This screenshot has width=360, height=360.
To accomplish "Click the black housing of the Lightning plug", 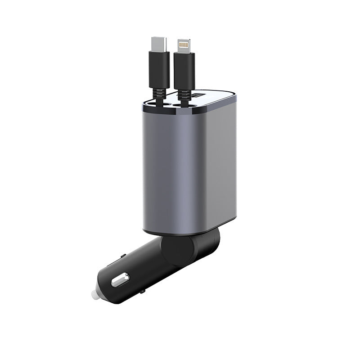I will tap(184, 70).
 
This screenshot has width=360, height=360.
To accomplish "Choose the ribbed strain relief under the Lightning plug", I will tap(183, 94).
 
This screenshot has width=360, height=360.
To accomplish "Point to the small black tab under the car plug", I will tap(142, 292).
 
